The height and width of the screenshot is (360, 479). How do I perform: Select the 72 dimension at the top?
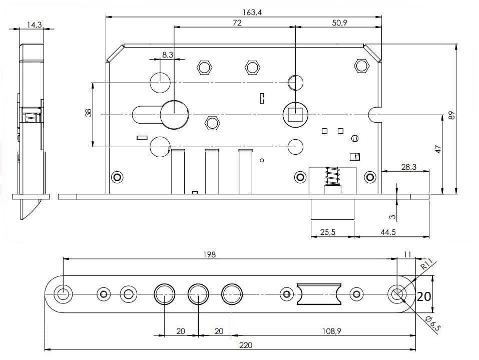(237, 23)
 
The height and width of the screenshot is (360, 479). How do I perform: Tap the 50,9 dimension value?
(339, 23)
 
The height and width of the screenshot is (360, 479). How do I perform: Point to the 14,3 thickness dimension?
(34, 24)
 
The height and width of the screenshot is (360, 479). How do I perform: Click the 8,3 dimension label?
(167, 55)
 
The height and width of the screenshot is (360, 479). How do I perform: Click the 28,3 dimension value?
(408, 167)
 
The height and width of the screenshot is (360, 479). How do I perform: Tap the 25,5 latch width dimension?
(327, 232)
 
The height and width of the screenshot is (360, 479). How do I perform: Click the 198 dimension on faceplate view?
(210, 254)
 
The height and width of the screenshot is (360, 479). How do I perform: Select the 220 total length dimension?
(246, 345)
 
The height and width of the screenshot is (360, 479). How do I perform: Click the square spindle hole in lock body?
(295, 115)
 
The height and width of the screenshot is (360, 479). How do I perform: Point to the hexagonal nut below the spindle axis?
(213, 123)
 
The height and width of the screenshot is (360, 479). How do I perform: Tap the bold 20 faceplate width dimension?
(424, 296)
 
